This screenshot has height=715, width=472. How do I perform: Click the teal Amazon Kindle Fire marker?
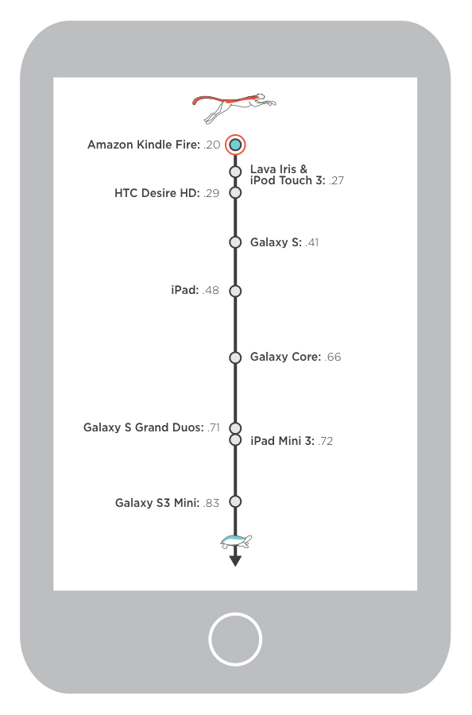(x=235, y=145)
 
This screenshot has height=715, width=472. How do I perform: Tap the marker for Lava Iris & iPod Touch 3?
(x=235, y=172)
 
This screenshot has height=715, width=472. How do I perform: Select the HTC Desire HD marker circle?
(x=235, y=193)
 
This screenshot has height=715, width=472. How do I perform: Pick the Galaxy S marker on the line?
(x=235, y=242)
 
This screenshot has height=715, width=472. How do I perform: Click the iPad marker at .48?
(x=235, y=291)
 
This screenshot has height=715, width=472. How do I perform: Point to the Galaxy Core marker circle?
(x=235, y=357)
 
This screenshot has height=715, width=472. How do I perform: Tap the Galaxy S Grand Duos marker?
(x=235, y=428)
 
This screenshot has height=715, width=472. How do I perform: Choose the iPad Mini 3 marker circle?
(x=235, y=440)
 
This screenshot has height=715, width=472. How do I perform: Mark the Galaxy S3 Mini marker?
(x=235, y=501)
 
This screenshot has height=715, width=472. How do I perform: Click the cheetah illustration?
(x=234, y=108)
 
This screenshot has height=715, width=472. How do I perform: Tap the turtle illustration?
(x=236, y=542)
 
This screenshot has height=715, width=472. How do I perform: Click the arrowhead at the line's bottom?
(x=235, y=562)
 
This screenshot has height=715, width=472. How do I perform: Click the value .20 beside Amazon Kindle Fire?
(x=211, y=145)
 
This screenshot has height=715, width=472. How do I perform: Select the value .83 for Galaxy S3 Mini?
(x=211, y=503)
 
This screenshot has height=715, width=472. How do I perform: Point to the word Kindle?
(x=154, y=145)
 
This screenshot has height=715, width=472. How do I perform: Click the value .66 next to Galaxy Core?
(x=333, y=357)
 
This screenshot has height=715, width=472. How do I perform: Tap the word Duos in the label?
(x=188, y=427)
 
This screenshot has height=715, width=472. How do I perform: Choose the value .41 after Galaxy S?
(x=312, y=242)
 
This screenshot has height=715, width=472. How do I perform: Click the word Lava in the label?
(x=263, y=169)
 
